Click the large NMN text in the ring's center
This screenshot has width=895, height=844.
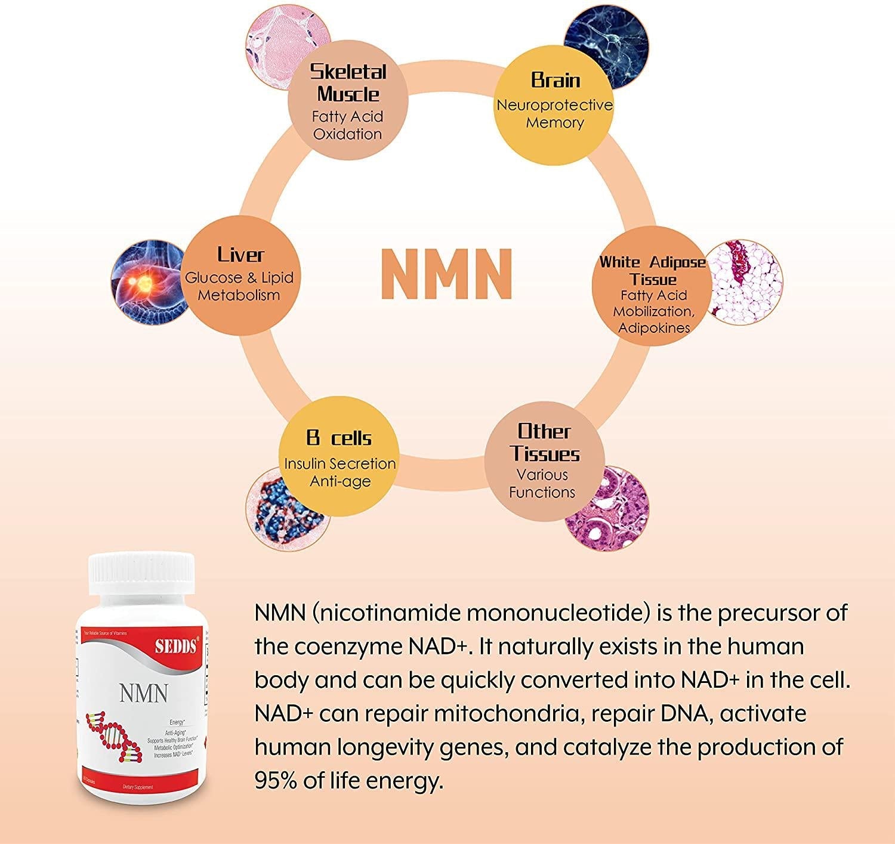pos(447,274)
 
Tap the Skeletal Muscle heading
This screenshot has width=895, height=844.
pos(348,83)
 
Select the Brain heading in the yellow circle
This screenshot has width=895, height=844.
pos(555,80)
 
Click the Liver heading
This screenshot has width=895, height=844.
pos(240,255)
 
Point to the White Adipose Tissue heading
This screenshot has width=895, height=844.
pos(653,270)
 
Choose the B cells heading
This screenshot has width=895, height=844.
pos(339,438)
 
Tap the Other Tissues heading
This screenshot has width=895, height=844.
pos(544,442)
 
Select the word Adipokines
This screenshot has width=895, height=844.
pos(654,327)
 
